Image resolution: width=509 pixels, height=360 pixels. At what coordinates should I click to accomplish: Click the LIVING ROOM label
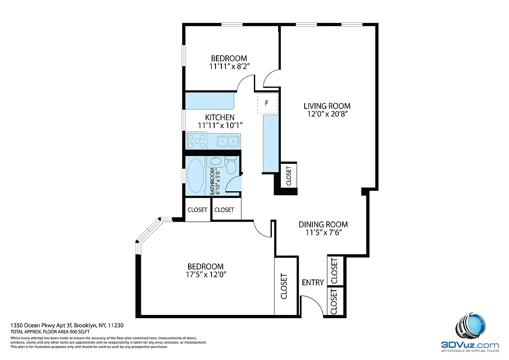tap(327, 106)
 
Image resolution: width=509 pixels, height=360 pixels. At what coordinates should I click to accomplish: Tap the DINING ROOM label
tap(323, 225)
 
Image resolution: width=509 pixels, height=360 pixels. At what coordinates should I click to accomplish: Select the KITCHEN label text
tap(220, 117)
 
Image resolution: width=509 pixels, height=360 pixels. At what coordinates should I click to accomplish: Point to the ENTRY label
tap(312, 283)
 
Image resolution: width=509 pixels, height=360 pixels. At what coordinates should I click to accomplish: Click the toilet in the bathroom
tap(231, 165)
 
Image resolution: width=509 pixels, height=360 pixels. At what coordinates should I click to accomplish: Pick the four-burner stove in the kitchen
tap(196, 141)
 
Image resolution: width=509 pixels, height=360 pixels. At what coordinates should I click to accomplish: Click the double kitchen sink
tap(228, 142)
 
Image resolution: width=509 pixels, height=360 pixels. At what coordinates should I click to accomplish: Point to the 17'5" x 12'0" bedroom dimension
tap(205, 274)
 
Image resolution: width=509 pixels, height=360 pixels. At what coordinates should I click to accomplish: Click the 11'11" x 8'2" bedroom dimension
tap(229, 66)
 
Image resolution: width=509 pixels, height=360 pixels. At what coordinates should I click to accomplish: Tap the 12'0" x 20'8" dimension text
tap(327, 114)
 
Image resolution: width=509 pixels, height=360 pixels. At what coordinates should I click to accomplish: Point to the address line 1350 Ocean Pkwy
tap(67, 325)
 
